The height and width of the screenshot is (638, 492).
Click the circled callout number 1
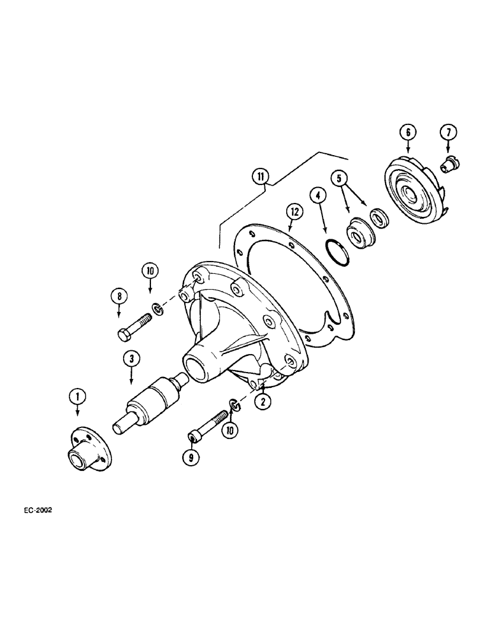pos(78,397)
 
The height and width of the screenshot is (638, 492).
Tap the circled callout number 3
pos(131,360)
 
